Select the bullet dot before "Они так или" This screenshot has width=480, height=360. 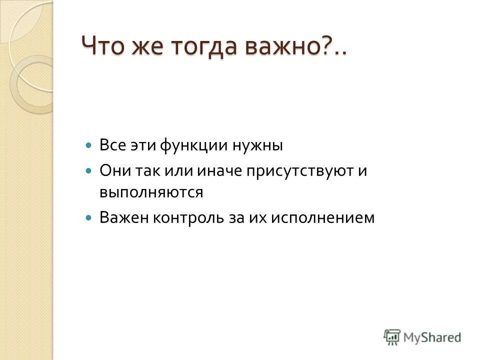click(89, 171)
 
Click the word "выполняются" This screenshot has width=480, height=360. click(151, 192)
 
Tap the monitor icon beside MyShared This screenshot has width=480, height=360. click(392, 337)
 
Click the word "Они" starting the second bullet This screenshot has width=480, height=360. click(114, 171)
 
